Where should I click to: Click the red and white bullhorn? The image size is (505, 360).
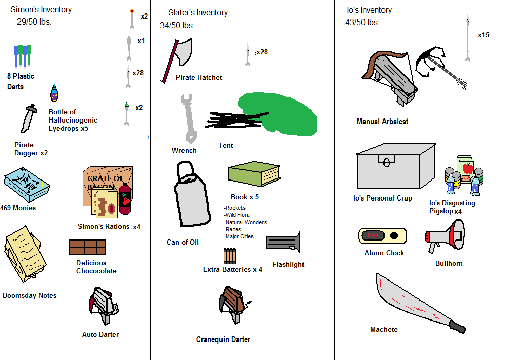(445, 237)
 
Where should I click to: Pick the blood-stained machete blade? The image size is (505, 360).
(410, 303)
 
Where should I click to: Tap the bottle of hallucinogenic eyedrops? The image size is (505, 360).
(54, 94)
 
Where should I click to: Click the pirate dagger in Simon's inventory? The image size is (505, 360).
(28, 118)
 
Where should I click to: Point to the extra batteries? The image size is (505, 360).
(229, 256)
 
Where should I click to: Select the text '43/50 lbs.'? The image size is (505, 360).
(362, 23)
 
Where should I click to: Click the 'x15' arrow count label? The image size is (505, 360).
(483, 35)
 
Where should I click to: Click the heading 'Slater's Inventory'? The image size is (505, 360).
(198, 13)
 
